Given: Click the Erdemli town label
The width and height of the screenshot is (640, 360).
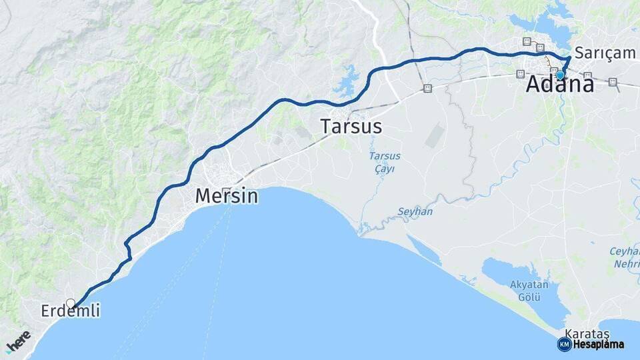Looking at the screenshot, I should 70,311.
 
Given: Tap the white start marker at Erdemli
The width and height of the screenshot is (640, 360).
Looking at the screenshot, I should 71,303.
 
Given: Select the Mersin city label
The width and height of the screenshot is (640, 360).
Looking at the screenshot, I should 226,195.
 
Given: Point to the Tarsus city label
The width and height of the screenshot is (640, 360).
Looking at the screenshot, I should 351,126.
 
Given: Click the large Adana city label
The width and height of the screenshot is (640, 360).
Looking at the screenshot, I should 560,85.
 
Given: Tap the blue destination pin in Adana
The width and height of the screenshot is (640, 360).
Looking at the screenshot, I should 560,75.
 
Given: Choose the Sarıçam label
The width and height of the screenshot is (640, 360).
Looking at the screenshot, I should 605,52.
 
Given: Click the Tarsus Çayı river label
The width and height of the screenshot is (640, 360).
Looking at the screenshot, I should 385,162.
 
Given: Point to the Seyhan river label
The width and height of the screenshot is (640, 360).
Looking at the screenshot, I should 415,211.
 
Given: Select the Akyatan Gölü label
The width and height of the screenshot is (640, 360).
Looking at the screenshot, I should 529,290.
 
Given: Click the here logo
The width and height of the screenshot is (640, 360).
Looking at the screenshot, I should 18,341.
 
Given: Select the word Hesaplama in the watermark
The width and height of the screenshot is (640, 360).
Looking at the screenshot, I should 598,345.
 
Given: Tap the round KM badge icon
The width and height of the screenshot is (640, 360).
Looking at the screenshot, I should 565,344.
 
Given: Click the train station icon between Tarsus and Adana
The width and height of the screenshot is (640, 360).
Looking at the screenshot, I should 427,88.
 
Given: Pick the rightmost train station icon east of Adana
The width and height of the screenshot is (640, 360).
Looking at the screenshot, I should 613,82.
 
